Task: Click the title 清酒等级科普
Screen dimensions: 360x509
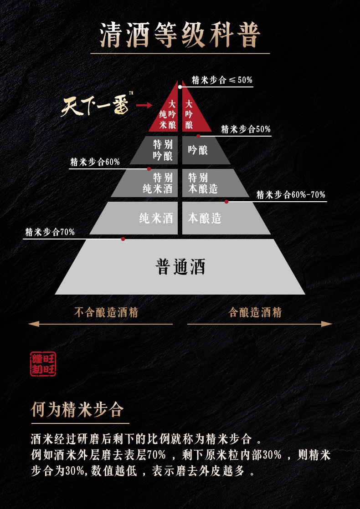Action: (180, 35)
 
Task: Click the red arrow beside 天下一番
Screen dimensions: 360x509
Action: (144, 105)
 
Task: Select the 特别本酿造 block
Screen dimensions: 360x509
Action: (205, 183)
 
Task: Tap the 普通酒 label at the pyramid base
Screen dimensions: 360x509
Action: (180, 267)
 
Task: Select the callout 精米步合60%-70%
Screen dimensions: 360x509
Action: (291, 195)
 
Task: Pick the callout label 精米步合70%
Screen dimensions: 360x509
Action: (50, 232)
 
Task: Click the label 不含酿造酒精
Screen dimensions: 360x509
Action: (106, 312)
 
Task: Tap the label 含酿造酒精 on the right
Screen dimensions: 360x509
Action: (255, 312)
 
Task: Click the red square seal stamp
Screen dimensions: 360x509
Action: (43, 364)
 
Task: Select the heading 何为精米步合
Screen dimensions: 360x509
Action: (77, 409)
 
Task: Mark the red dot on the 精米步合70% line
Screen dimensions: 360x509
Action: (123, 239)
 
